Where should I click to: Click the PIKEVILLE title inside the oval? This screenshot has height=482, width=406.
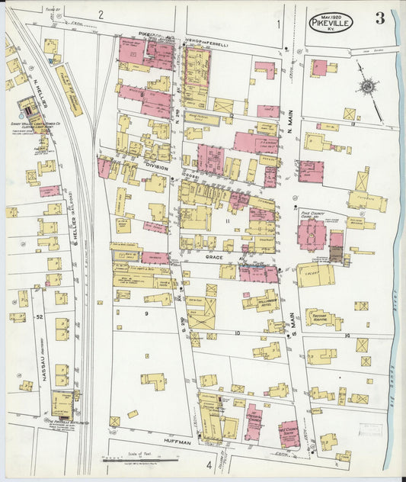(331, 24)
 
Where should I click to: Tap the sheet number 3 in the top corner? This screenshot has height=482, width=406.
(379, 20)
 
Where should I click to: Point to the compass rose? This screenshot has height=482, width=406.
(367, 88)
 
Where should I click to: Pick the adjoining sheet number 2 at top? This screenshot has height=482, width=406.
(101, 14)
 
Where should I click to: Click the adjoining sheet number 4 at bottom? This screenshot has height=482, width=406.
(208, 464)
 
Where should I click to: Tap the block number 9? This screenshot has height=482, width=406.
(145, 313)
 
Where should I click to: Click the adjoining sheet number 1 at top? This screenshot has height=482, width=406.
(279, 24)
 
